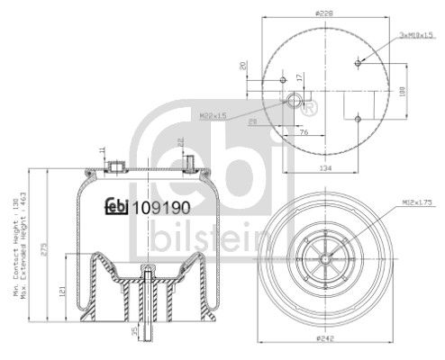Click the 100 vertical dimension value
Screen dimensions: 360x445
tap(401, 91)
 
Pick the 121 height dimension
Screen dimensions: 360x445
tap(62, 291)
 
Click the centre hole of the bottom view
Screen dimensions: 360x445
tap(323, 256)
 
